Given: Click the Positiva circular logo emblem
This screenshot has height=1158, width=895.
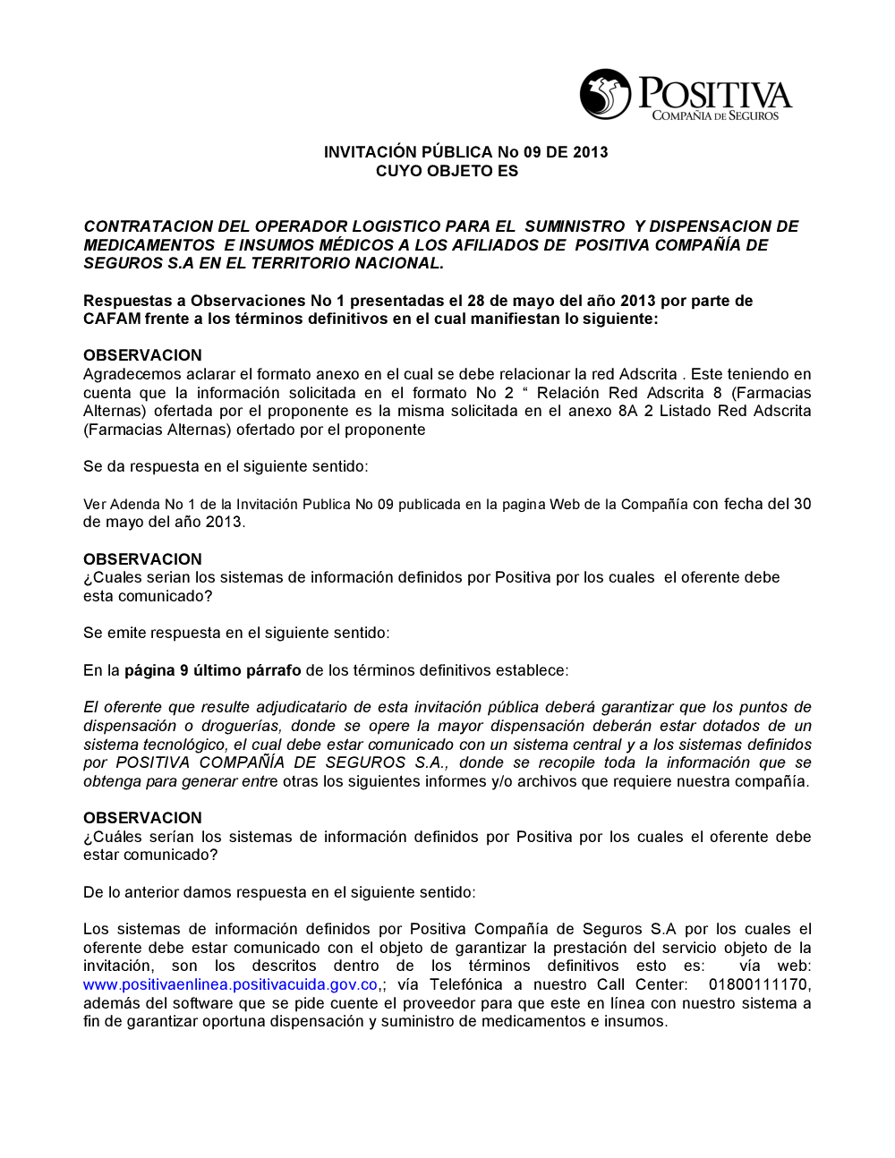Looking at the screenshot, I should pyautogui.click(x=605, y=94).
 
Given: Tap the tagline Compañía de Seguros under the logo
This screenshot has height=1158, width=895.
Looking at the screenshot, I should pyautogui.click(x=714, y=115).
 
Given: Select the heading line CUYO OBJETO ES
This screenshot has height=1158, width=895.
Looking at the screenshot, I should pyautogui.click(x=447, y=171).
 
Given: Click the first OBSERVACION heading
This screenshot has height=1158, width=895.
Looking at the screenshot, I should pyautogui.click(x=142, y=355).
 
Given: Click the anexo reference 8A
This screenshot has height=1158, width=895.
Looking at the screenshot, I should pyautogui.click(x=627, y=411).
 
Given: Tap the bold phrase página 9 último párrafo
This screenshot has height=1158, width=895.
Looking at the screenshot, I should pyautogui.click(x=212, y=670).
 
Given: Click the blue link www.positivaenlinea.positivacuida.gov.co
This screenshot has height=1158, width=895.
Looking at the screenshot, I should pyautogui.click(x=230, y=984).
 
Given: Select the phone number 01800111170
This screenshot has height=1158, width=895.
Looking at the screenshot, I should pyautogui.click(x=759, y=984).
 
